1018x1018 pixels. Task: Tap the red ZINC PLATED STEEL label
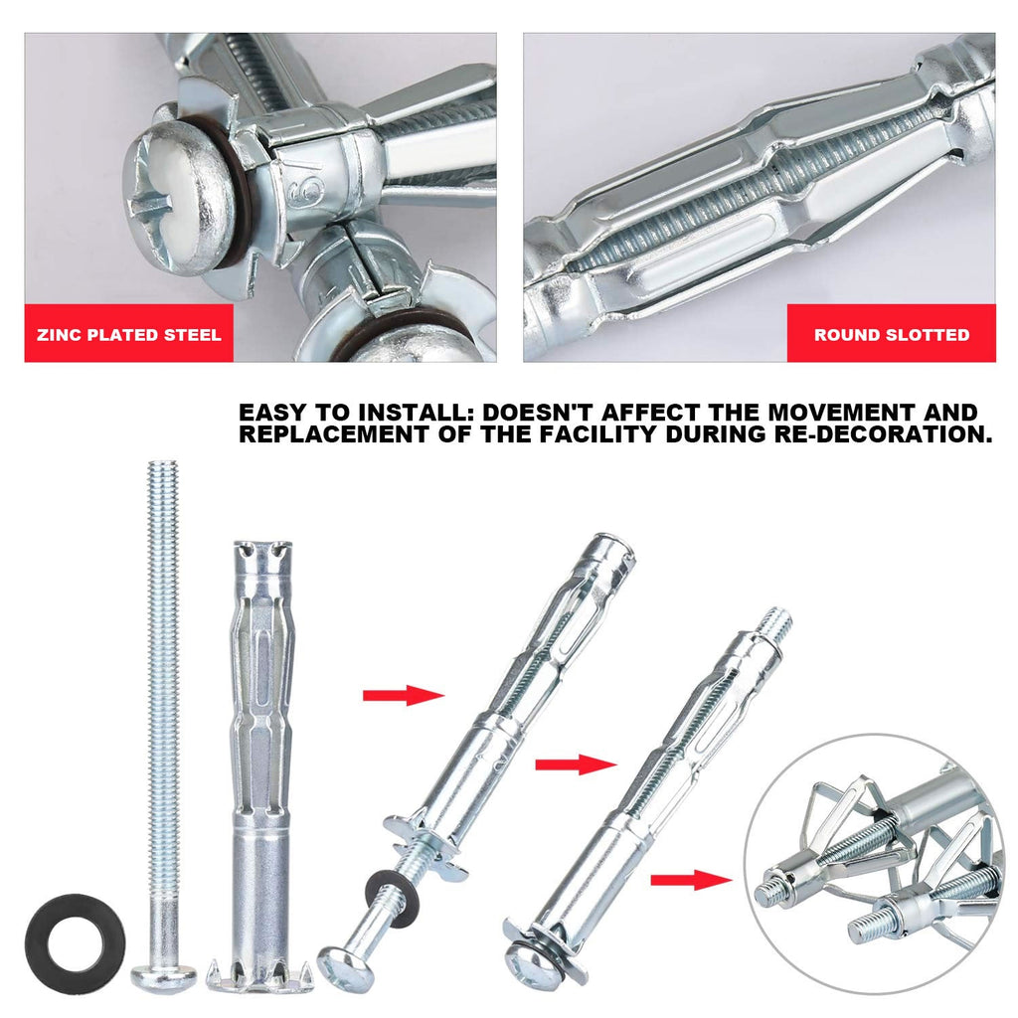pyautogui.click(x=128, y=334)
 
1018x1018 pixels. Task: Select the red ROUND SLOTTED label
pyautogui.click(x=891, y=334)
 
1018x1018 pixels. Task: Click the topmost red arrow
pyautogui.click(x=403, y=695)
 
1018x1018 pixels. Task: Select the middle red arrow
pyautogui.click(x=576, y=763)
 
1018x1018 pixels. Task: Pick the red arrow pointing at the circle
pyautogui.click(x=692, y=879)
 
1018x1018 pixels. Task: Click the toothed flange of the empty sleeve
pyautogui.click(x=259, y=975)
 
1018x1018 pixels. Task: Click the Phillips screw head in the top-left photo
pyautogui.click(x=180, y=193)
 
